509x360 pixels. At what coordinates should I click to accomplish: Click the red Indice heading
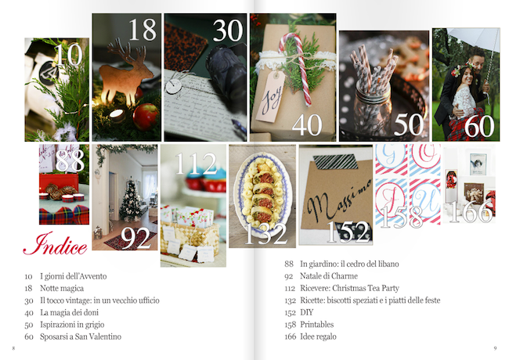pos(55,243)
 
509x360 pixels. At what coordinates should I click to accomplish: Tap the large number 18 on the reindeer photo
pos(143,30)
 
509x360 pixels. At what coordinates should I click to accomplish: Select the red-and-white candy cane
pos(296,67)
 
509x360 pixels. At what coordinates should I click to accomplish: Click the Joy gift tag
pos(271,96)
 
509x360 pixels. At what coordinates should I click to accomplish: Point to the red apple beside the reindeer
pos(146,117)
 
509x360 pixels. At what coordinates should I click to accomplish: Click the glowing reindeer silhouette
pos(125,74)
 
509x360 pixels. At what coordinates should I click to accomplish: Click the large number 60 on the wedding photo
pos(479,126)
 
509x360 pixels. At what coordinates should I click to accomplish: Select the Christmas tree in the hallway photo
pos(131,201)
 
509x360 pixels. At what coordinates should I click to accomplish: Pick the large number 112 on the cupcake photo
pos(196,164)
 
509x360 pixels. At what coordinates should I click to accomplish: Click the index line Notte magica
pos(62,288)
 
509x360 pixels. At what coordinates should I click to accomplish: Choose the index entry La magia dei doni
pos(69,312)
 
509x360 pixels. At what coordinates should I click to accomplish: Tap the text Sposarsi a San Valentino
pos(81,337)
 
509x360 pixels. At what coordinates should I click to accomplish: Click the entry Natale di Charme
pos(329,276)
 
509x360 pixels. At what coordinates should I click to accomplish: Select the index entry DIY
pos(307,312)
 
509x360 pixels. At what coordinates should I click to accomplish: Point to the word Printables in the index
pos(317,324)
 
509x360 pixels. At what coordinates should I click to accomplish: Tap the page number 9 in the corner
pos(495,348)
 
